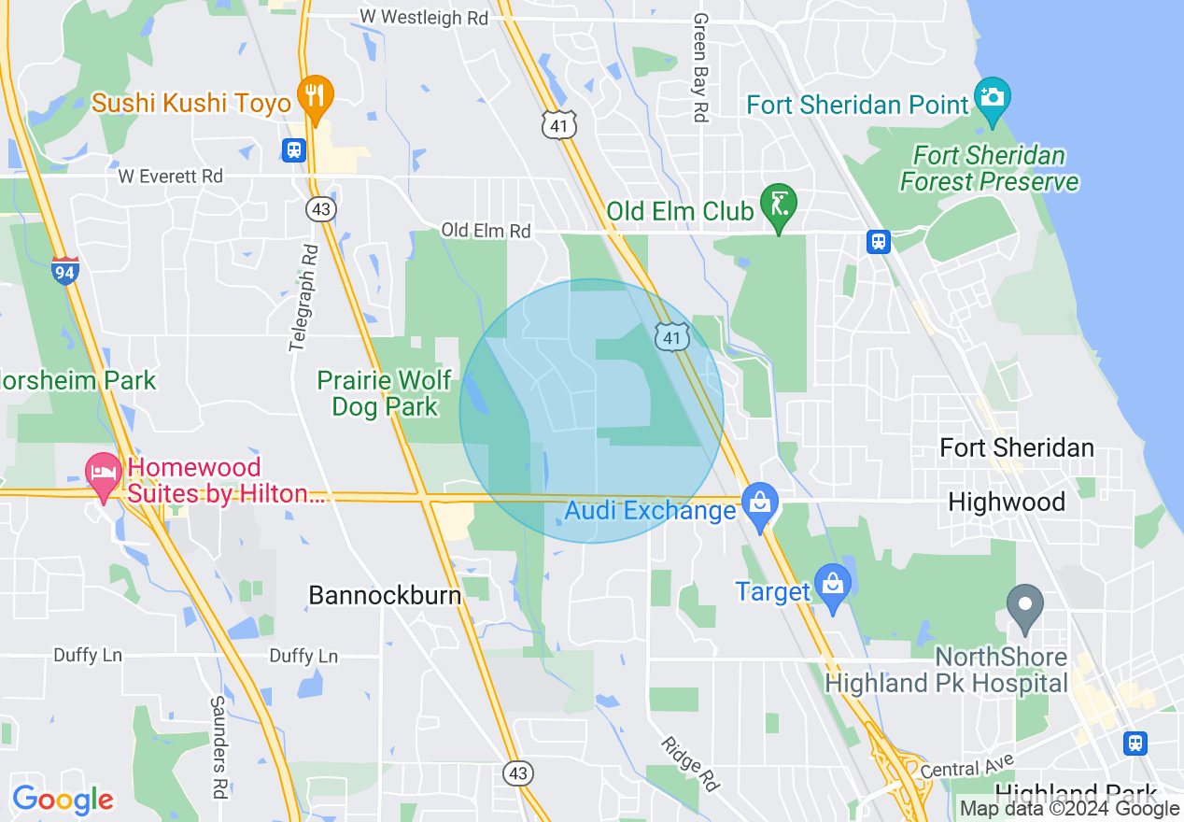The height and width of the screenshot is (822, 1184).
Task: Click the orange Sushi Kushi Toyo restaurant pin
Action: [316, 96]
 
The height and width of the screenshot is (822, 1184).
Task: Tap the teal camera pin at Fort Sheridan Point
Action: [992, 97]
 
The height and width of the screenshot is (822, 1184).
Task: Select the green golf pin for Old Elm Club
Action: [778, 204]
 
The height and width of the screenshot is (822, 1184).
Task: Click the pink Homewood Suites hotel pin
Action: [103, 473]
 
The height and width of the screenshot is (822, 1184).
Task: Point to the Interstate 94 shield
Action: [65, 270]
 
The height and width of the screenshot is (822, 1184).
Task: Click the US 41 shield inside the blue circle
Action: [672, 336]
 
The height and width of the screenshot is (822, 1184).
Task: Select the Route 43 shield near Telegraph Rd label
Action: [322, 209]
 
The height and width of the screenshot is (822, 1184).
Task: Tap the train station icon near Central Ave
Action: [1135, 742]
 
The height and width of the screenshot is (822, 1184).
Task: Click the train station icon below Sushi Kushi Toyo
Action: [294, 149]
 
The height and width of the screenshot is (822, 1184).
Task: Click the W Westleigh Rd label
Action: [424, 17]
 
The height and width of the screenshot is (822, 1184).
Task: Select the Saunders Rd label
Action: [218, 746]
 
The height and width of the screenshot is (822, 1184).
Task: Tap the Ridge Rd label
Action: [690, 763]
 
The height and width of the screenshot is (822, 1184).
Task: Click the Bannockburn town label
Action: [385, 595]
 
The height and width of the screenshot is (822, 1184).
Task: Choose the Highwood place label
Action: [1006, 503]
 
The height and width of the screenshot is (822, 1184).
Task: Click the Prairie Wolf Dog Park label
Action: [384, 393]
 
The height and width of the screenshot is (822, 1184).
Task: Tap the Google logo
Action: [63, 800]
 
